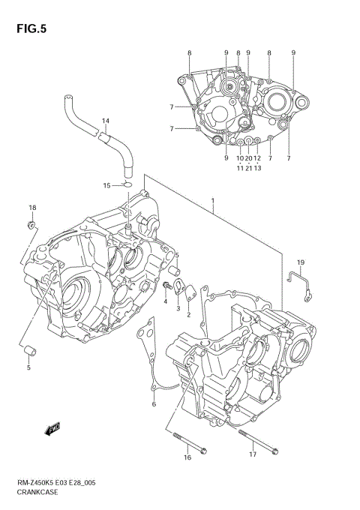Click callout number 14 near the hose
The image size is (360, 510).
[105, 121]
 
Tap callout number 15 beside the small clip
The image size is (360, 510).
[106, 185]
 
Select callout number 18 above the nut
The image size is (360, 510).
[31, 208]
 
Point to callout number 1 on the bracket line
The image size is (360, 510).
[213, 202]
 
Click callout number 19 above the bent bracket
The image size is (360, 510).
[299, 262]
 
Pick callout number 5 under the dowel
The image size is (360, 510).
[28, 367]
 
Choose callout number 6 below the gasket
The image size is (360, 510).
[154, 405]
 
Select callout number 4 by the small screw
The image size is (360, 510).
[165, 301]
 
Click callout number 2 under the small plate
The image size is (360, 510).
[188, 315]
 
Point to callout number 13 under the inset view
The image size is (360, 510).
[257, 167]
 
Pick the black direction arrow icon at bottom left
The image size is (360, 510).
[52, 429]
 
